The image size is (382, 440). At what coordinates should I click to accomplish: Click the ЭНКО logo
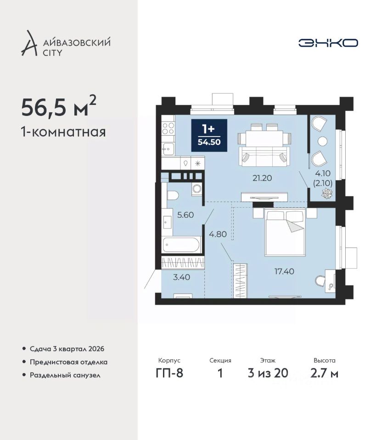pos(328,43)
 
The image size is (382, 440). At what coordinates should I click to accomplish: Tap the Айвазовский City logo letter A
pos(29,44)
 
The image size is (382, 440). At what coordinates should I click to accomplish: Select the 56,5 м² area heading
pos(59,106)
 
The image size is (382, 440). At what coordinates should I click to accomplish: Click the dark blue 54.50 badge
pos(209,135)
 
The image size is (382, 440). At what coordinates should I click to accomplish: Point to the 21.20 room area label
pos(262,178)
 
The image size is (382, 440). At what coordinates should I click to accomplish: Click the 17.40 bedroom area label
pos(284,271)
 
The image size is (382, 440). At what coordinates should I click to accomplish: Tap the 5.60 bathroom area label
pos(185,215)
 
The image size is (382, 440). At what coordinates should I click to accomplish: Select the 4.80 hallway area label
pos(218,234)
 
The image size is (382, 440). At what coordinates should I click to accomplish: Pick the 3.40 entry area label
pos(181,277)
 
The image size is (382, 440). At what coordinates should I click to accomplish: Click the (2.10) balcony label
pos(323,183)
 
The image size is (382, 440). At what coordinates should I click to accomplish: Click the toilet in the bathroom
pos(172,195)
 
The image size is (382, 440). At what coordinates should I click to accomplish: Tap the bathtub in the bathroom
pos(181,244)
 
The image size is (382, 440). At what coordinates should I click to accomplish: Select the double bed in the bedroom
pos(285,232)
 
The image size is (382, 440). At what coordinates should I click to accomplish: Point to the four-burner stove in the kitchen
pos(168,129)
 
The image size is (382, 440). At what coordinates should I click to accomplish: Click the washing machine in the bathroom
pos(197,188)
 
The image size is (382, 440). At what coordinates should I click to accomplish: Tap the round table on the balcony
pos(322,141)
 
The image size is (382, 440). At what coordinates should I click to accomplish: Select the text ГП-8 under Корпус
pos(169,373)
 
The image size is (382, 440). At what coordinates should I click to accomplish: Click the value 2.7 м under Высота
pos(324,373)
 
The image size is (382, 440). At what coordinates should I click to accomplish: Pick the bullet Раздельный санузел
pos(65,375)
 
